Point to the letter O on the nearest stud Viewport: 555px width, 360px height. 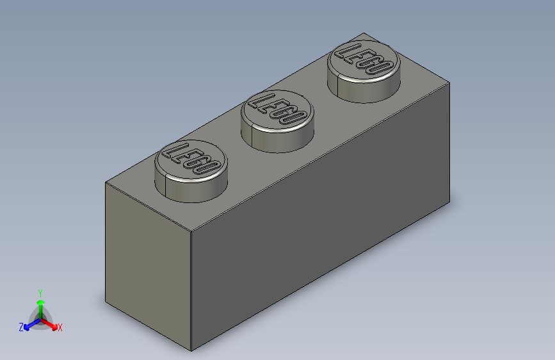209,168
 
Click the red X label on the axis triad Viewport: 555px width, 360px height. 60,328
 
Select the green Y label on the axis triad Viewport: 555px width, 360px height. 40,293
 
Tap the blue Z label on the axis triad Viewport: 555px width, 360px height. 21,327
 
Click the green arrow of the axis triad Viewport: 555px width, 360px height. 40,306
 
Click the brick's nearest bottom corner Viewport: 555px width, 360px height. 192,351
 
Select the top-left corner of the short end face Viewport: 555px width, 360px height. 106,183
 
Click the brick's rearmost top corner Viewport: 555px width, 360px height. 363,33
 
